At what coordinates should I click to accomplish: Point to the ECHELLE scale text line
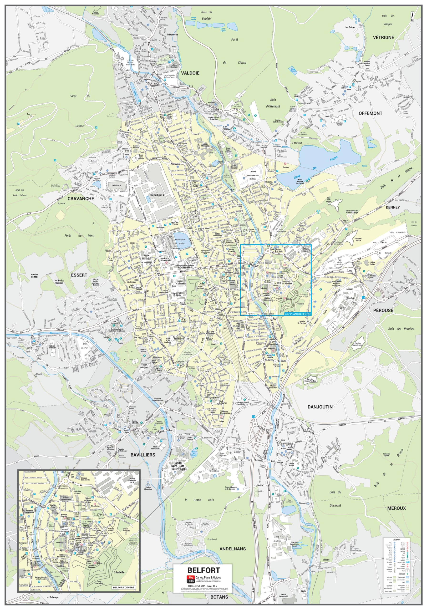pos(203,586)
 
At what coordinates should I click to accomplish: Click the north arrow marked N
pos(412,17)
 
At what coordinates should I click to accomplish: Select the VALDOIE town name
pos(190,73)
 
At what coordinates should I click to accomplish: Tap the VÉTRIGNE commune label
pos(383,37)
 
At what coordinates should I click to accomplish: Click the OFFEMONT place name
pos(370,113)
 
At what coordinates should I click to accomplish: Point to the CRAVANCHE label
pos(81,198)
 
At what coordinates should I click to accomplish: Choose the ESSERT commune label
pos(79,275)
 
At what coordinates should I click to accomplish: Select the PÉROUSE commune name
pos(383,310)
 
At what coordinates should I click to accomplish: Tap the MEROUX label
pos(396,508)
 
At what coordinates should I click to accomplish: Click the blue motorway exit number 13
pos(363,298)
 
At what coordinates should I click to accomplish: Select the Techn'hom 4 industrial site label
pos(157,195)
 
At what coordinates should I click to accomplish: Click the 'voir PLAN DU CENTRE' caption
pos(297,314)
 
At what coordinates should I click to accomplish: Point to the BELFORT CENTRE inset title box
pos(124,587)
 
